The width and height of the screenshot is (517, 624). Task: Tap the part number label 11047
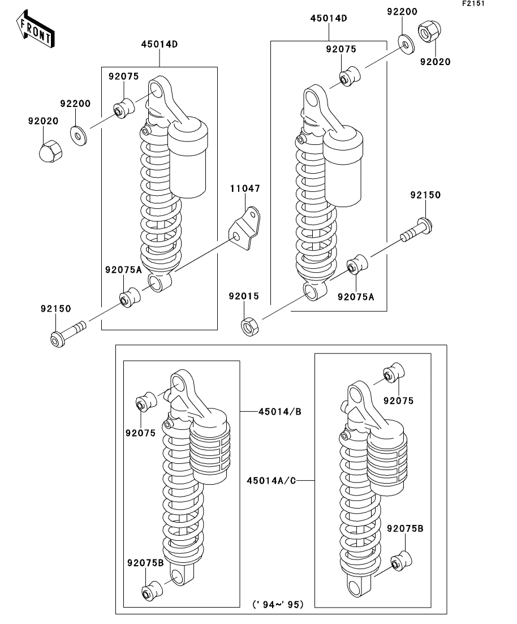(244, 188)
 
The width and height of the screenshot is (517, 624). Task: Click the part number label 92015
(244, 296)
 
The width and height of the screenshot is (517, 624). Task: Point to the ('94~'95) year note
(278, 604)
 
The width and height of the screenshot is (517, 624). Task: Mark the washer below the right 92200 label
(404, 42)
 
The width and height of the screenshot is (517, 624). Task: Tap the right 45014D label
(328, 18)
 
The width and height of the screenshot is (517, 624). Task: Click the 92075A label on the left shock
(123, 269)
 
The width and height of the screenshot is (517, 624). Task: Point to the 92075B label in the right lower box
(405, 528)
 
